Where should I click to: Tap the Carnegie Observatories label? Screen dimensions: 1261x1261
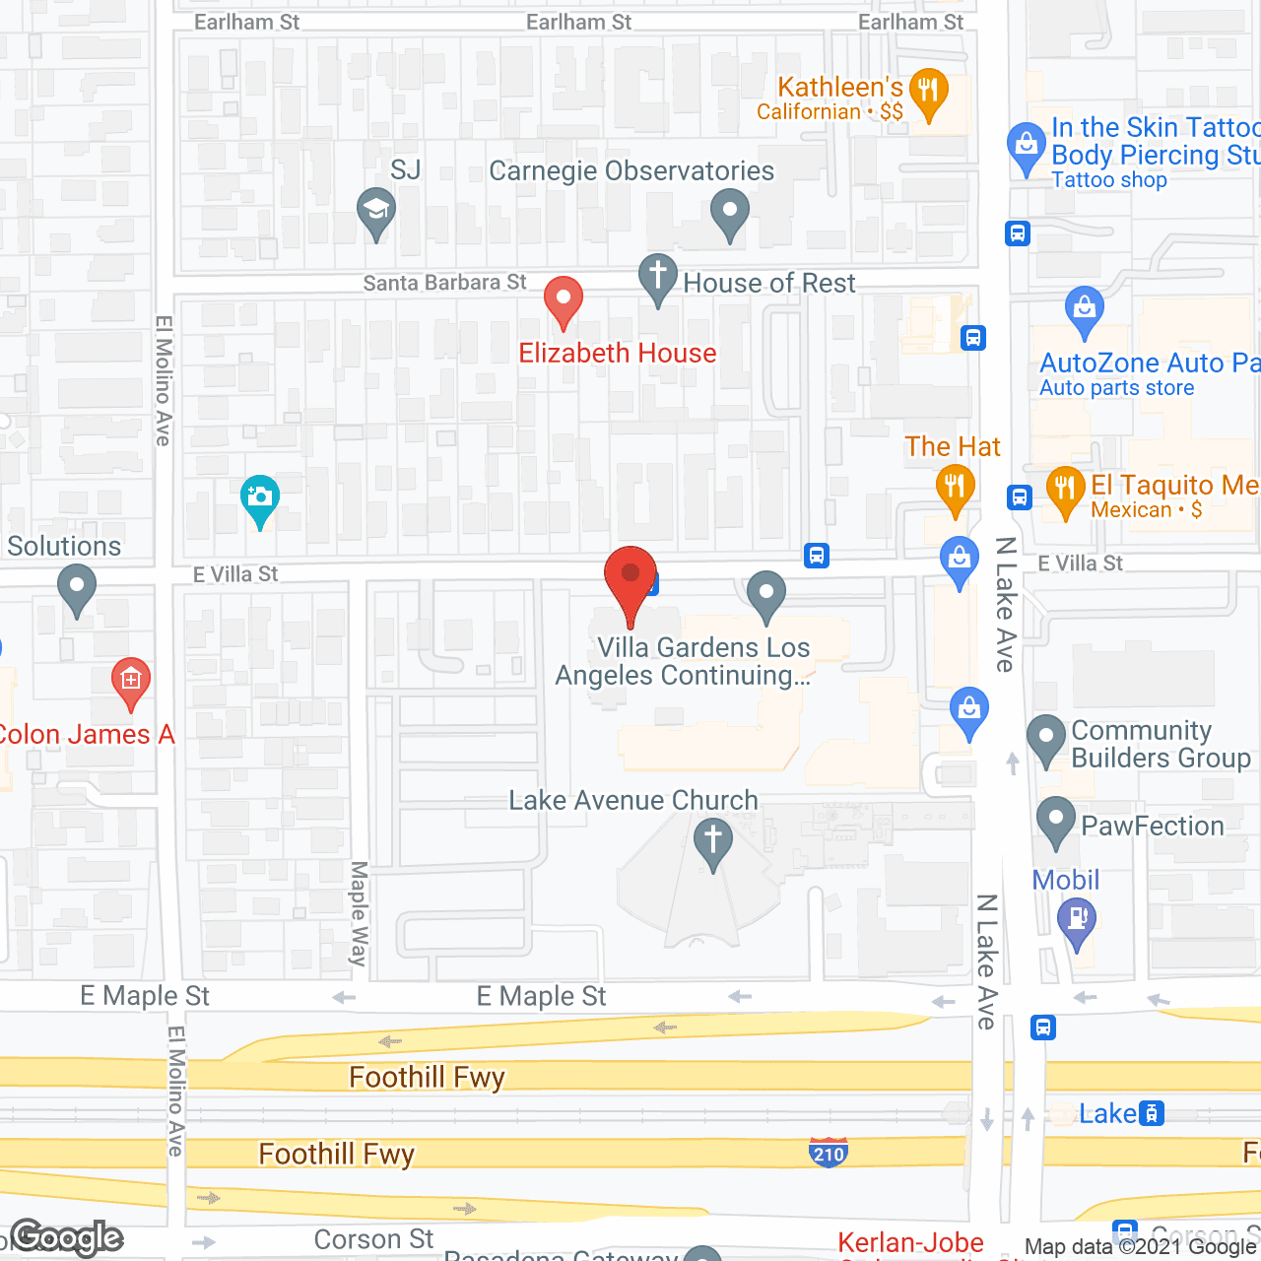(x=631, y=171)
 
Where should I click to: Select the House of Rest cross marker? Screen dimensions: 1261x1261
(x=658, y=279)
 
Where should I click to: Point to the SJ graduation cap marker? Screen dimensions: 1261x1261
(x=376, y=213)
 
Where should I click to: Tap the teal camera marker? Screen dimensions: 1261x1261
(x=260, y=499)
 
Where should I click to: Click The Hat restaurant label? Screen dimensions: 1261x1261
(x=953, y=447)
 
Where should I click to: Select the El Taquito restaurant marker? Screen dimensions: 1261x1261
(x=1065, y=491)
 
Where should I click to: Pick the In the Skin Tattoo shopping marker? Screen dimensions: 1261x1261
(x=1027, y=148)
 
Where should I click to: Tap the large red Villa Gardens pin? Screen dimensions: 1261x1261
(x=630, y=581)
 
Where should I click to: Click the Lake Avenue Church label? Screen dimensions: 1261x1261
(x=633, y=801)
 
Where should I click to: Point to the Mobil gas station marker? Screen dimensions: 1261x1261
(x=1077, y=924)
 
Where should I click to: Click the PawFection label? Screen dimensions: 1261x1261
(x=1153, y=827)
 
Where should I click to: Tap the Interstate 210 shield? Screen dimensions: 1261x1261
(x=829, y=1153)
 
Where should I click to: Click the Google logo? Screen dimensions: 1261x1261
(x=67, y=1238)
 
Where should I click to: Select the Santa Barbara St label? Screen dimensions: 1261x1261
(x=444, y=284)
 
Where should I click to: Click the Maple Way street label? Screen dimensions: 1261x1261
(x=360, y=913)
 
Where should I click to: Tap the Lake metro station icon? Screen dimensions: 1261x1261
(x=1151, y=1114)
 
